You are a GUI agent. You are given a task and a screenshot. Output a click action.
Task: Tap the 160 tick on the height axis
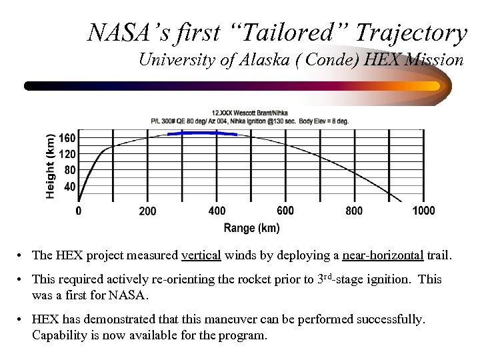[68, 138]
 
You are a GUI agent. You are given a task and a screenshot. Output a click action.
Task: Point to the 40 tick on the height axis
[70, 187]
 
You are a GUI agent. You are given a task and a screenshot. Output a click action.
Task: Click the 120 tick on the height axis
[68, 154]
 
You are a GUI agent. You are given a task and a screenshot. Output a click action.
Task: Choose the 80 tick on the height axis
[70, 170]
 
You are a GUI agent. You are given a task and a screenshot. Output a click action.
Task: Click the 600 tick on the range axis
[285, 211]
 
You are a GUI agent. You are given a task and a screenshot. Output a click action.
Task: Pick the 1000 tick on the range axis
[423, 211]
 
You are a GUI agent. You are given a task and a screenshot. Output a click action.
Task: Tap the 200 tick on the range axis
[147, 211]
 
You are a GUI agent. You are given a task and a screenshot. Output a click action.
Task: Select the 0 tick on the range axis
[79, 211]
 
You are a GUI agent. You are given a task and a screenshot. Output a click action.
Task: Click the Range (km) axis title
[251, 228]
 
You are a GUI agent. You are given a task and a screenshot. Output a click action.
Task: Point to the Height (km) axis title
[51, 165]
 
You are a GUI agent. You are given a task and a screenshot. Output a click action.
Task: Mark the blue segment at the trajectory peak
[201, 133]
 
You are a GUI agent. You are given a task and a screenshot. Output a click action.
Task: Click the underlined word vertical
[201, 255]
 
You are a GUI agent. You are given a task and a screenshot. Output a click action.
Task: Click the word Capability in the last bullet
[59, 335]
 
